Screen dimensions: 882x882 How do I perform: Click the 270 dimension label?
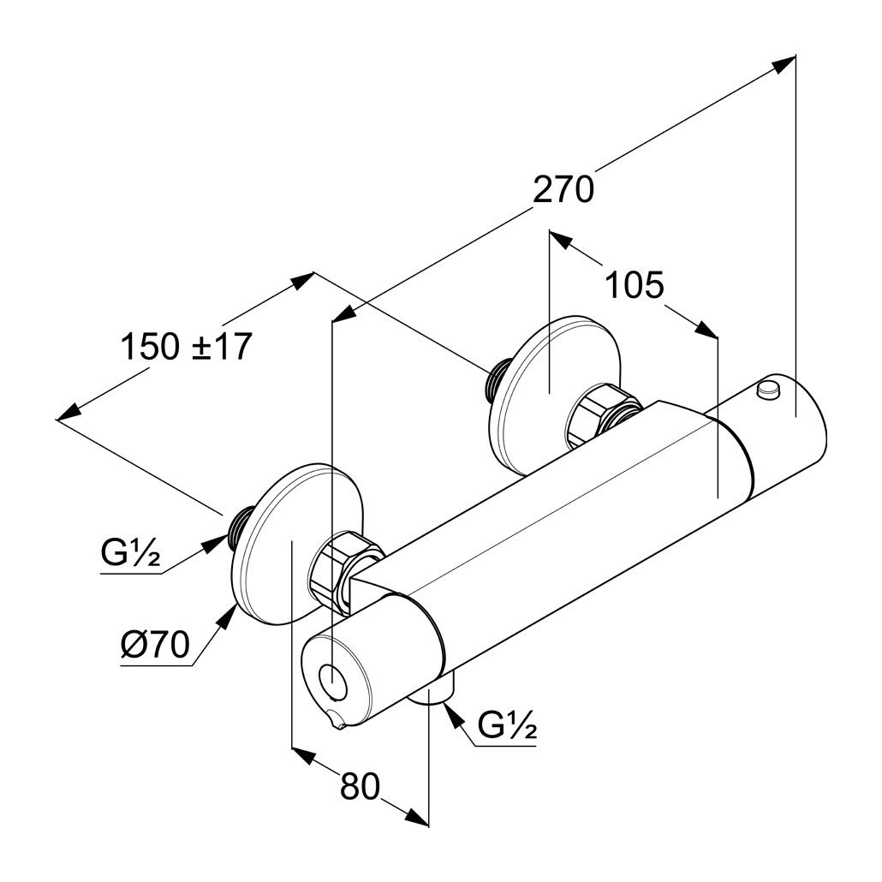click(x=563, y=189)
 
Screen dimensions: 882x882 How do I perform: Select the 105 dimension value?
click(x=635, y=285)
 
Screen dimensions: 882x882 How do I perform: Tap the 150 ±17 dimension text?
click(x=186, y=347)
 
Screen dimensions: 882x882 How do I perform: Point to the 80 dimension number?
click(x=359, y=786)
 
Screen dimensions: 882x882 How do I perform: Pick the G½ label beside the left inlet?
click(x=130, y=554)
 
